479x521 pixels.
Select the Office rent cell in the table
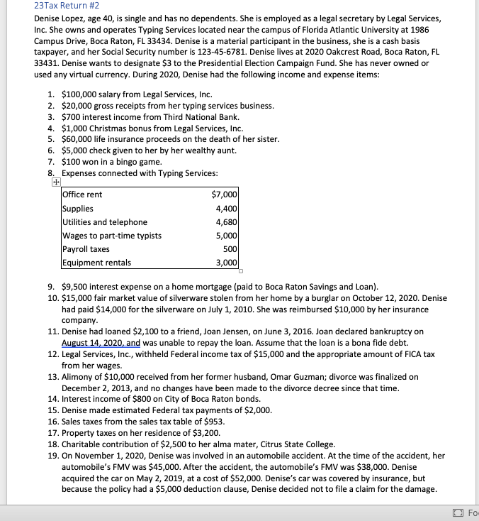point(82,194)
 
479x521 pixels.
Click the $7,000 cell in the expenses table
point(225,194)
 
